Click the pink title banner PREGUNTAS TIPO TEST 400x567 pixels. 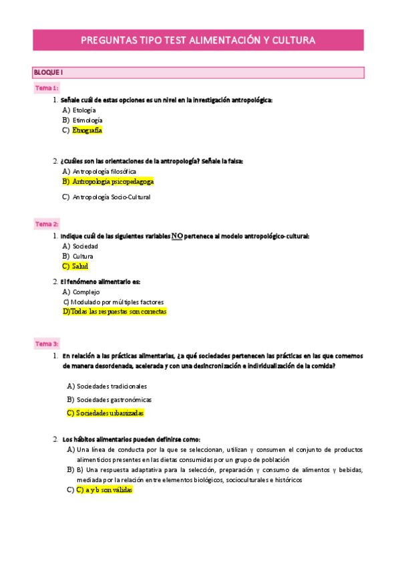198,40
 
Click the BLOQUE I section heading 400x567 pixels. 48,72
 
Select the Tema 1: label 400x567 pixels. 47,88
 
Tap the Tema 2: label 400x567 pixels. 47,224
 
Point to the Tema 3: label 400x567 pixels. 47,344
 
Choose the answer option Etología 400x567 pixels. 84,110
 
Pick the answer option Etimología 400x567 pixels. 87,120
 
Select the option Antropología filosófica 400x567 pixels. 104,171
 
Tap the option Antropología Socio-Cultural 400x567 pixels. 112,197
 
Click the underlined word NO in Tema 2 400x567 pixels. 177,236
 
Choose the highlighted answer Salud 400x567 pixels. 80,266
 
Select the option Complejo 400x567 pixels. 86,292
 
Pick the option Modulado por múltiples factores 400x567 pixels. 118,302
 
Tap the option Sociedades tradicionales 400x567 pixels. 112,386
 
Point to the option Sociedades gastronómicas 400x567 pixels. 114,400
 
